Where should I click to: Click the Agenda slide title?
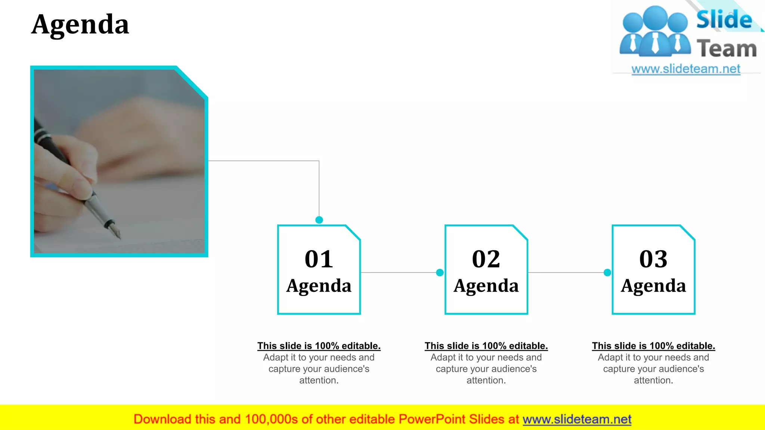click(80, 25)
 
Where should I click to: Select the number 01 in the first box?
click(319, 259)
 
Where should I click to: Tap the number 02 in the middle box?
click(486, 259)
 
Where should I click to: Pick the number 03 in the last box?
click(653, 259)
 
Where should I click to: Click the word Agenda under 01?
click(319, 286)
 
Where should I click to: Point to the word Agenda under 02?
click(486, 286)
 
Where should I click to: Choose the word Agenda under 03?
click(653, 286)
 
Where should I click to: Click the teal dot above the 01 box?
click(319, 220)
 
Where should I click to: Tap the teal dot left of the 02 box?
click(440, 272)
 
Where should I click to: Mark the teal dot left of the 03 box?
click(607, 272)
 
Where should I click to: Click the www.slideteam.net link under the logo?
click(686, 69)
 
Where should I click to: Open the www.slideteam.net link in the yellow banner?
click(577, 419)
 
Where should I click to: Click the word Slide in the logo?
click(724, 20)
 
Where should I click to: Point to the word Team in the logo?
click(727, 49)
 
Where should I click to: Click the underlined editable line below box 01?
click(319, 346)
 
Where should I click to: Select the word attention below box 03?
click(653, 380)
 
